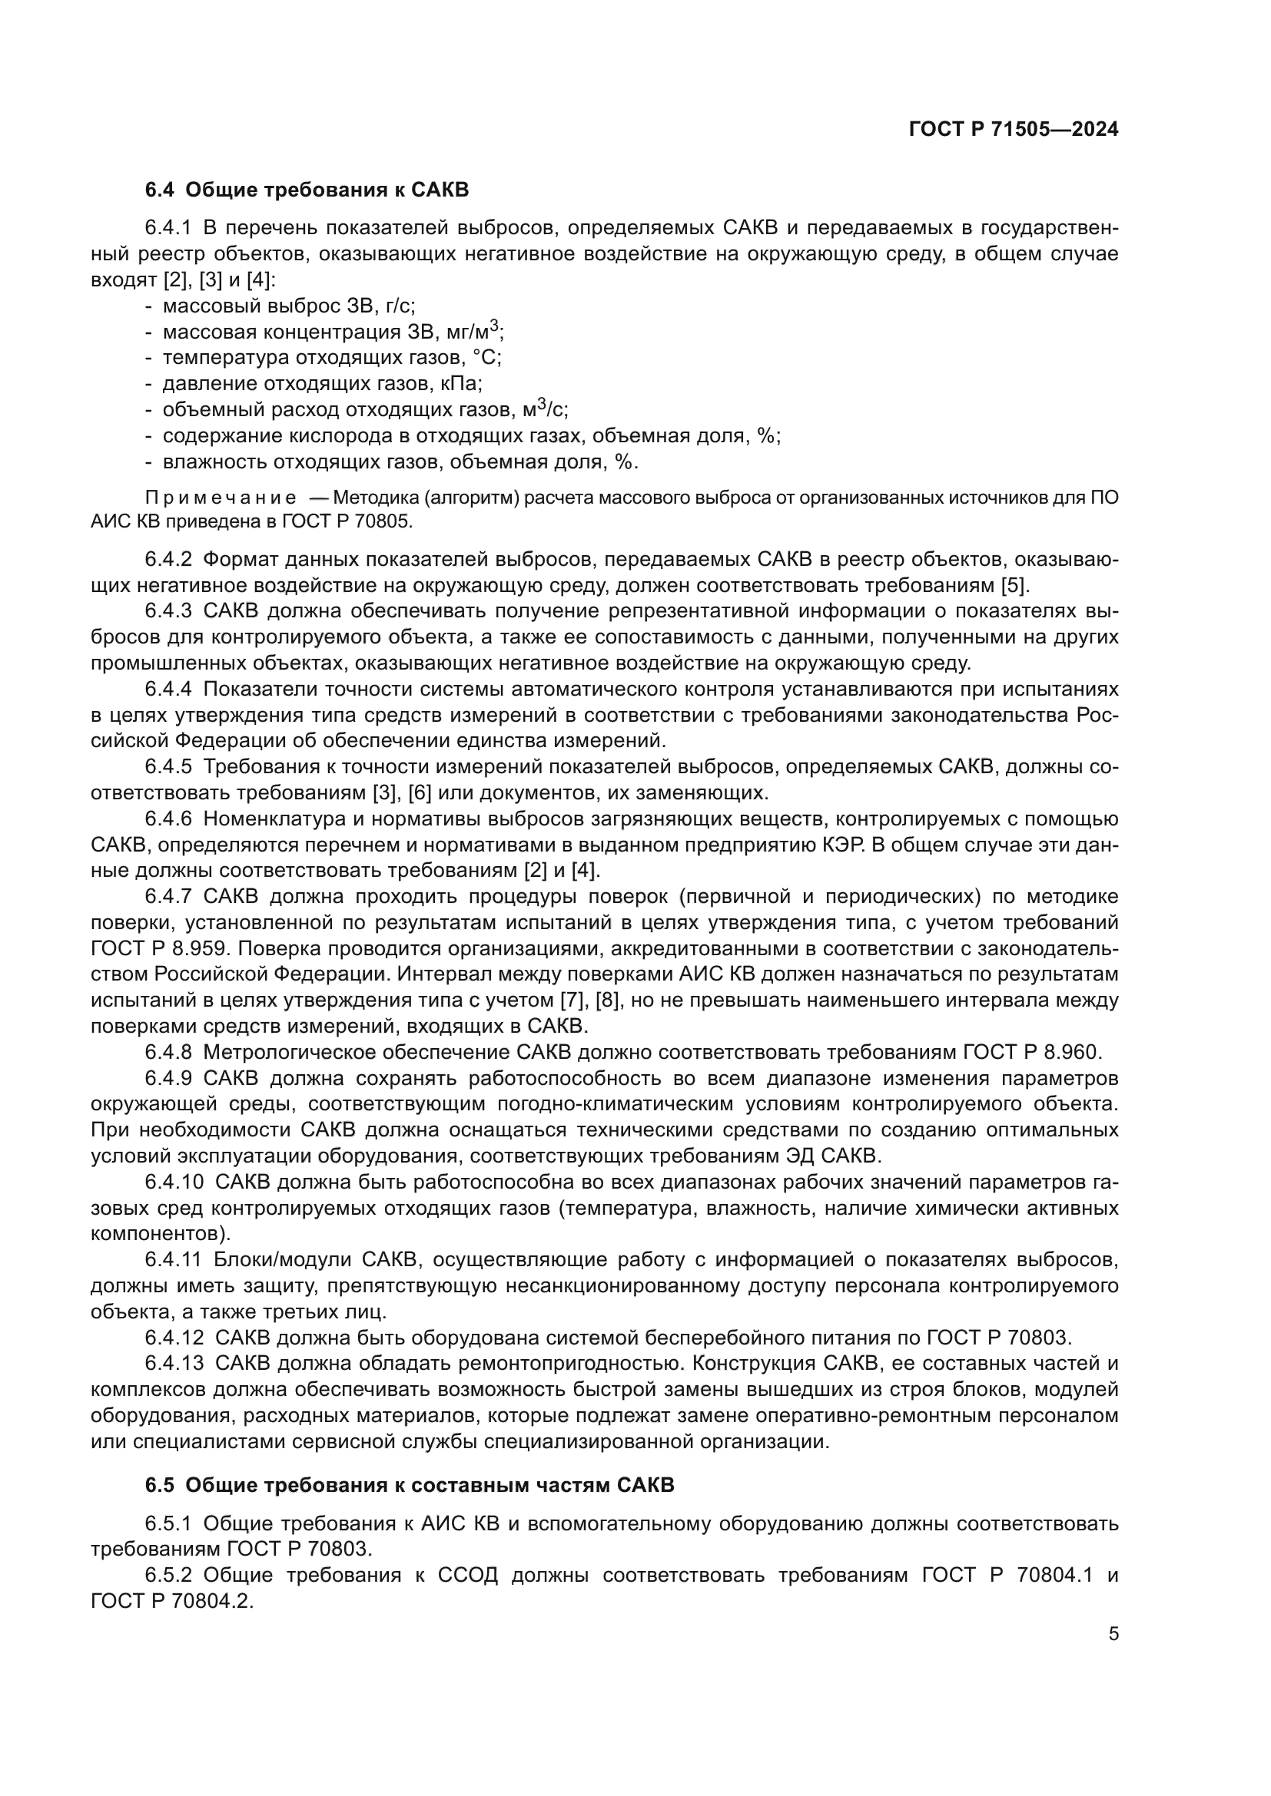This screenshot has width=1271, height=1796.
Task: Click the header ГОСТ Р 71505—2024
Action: pos(1014,130)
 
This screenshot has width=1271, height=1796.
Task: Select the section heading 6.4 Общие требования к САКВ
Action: pos(307,190)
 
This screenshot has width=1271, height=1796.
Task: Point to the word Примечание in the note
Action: pos(220,498)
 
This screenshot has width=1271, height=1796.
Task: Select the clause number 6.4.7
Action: pos(168,896)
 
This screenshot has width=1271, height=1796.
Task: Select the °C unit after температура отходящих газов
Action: pos(486,359)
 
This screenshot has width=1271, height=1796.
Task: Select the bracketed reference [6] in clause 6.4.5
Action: pos(420,793)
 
